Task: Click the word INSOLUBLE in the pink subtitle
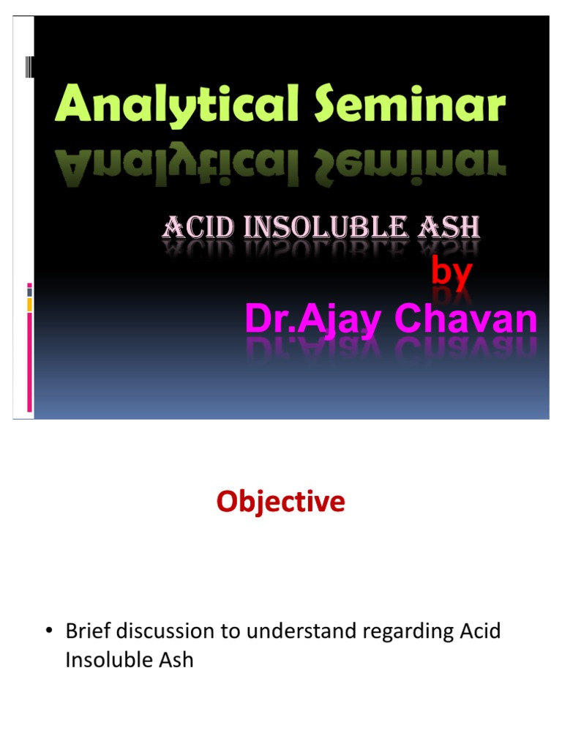[326, 227]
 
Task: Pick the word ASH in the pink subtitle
[449, 227]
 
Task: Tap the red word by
[452, 272]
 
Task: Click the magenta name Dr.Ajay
[313, 319]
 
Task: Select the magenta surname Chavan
[465, 318]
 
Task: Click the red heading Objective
[280, 502]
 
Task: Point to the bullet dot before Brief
[49, 631]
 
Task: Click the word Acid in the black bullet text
[480, 631]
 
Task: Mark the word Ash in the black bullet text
[176, 660]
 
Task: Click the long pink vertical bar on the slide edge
[29, 362]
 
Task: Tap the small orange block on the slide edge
[29, 304]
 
